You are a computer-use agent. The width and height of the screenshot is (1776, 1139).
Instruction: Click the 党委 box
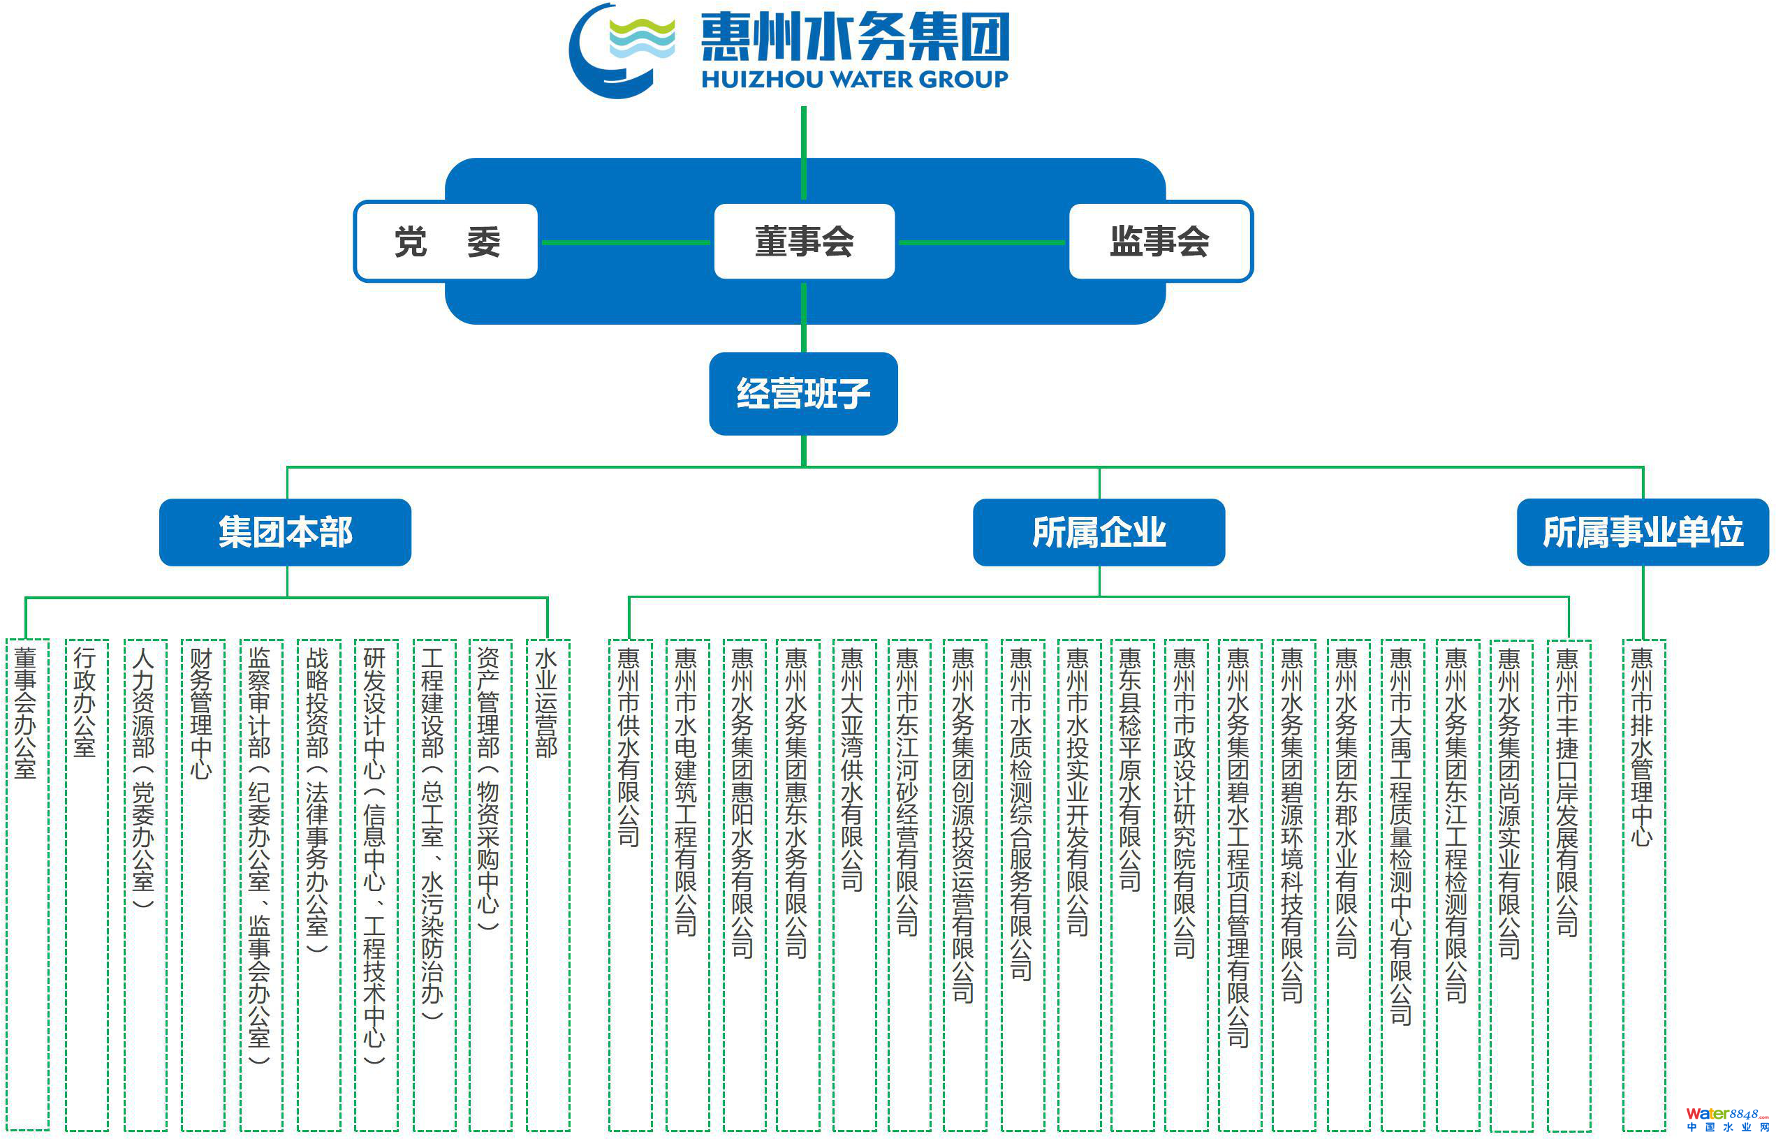tap(446, 242)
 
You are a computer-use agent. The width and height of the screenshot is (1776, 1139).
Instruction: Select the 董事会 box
tap(804, 242)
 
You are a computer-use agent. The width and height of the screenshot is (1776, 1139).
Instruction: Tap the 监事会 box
tap(1160, 242)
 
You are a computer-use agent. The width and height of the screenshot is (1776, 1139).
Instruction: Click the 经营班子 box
tap(803, 393)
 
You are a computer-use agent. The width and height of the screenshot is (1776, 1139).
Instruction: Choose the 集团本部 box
tap(286, 533)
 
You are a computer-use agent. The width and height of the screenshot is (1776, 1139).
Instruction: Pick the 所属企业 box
tap(1099, 533)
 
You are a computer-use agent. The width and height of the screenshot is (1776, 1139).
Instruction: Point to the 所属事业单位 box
tap(1642, 533)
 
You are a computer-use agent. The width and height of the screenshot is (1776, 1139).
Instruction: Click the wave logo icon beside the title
tap(622, 50)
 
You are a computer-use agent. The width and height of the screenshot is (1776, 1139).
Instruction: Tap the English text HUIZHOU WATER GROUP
tap(854, 79)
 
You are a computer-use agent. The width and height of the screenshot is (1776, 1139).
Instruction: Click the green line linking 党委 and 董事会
tap(625, 242)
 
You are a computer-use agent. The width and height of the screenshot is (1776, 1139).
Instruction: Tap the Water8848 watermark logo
tap(1726, 1119)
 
